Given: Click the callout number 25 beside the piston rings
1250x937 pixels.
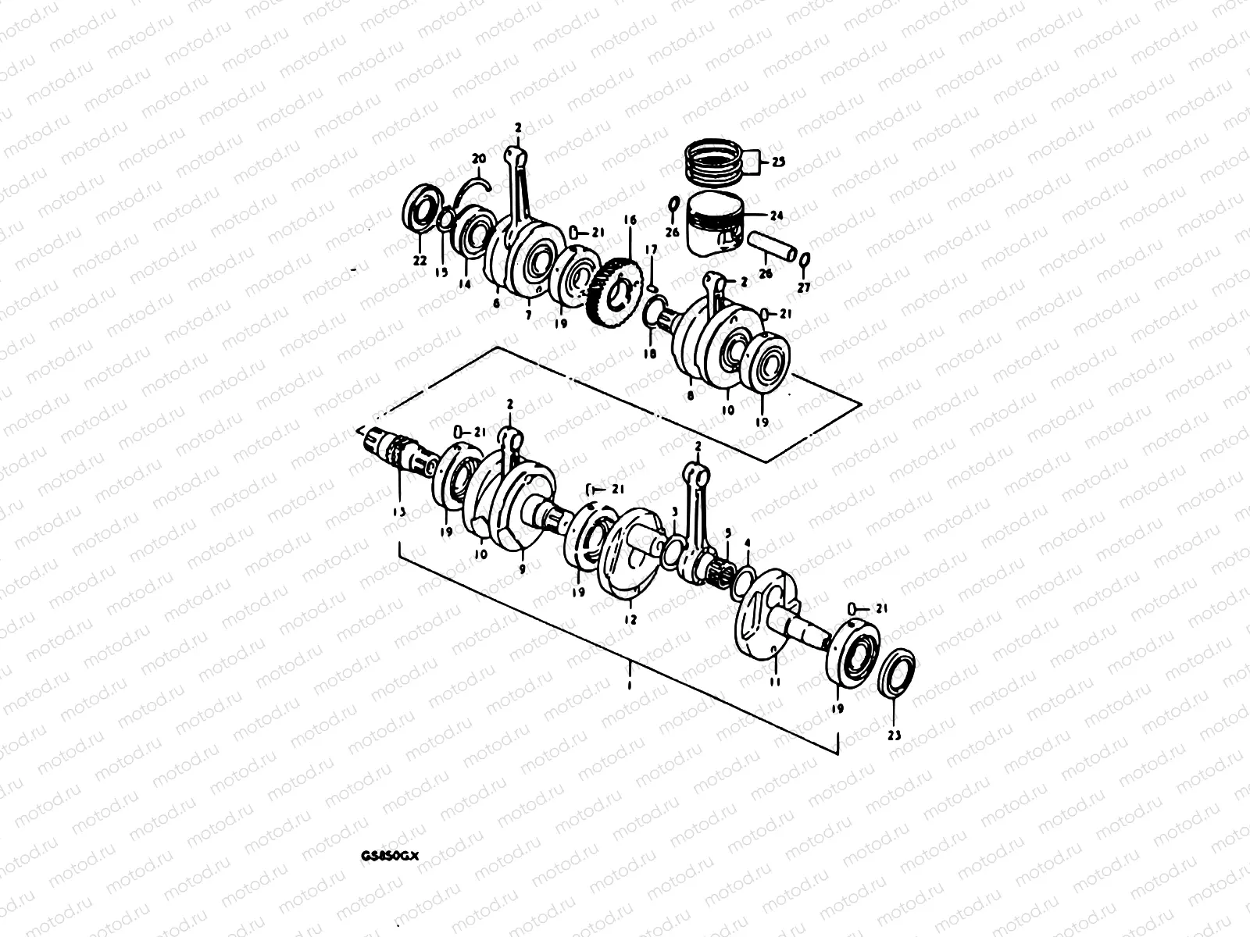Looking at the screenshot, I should (779, 162).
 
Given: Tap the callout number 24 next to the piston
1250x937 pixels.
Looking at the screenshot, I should (776, 216).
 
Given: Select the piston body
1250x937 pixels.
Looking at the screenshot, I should (712, 226).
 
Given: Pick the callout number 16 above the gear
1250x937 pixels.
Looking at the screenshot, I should (630, 222).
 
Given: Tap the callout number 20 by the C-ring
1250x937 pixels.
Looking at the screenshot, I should (478, 160).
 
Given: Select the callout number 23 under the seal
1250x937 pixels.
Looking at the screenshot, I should (895, 735).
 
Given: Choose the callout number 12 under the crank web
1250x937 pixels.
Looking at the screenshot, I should (630, 619).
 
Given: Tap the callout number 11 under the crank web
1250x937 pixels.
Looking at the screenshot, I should (774, 682).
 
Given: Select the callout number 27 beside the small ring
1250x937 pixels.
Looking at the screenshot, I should (805, 288).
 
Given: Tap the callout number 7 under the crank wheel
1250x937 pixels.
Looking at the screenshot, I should (528, 315).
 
